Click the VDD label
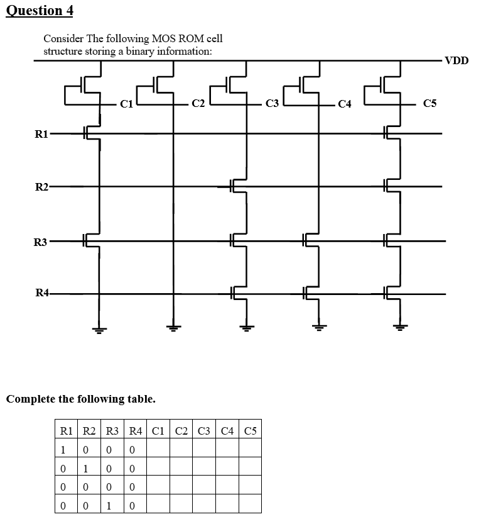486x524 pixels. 456,61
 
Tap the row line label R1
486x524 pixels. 41,133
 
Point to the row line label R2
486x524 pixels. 41,187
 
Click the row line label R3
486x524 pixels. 41,241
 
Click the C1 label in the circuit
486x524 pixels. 126,104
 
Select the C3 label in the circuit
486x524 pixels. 272,104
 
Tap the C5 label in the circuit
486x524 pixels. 429,104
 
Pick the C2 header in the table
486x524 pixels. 181,431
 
